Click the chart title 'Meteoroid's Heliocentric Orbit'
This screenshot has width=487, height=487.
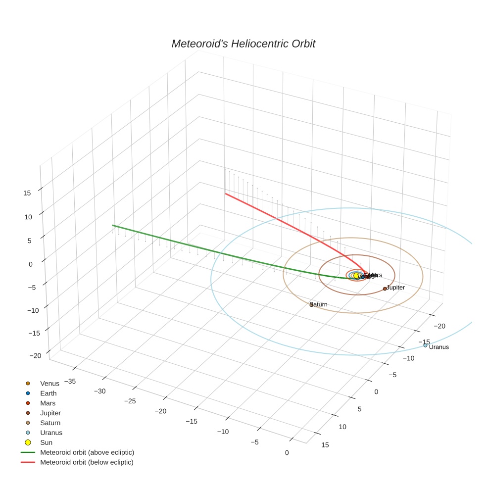coord(243,44)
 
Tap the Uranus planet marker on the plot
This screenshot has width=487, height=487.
coord(425,345)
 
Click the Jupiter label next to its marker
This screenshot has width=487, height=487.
coord(395,288)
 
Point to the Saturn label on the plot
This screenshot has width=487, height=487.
coord(319,305)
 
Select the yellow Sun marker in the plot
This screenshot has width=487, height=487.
coord(356,276)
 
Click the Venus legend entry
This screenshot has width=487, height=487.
coord(49,384)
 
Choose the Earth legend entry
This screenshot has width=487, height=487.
coord(48,393)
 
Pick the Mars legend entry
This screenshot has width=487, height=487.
coord(48,403)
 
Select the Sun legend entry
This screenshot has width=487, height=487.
coord(46,442)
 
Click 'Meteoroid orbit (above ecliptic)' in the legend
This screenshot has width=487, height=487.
coord(87,452)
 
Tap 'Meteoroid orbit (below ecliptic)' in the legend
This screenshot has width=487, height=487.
coord(87,462)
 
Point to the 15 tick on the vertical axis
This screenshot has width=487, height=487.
coord(27,193)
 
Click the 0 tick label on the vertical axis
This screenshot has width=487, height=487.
coord(30,264)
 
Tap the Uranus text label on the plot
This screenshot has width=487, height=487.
coord(439,347)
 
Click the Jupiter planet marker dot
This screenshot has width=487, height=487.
coord(385,289)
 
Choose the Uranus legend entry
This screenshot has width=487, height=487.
coord(51,433)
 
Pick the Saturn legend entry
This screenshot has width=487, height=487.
coord(50,423)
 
